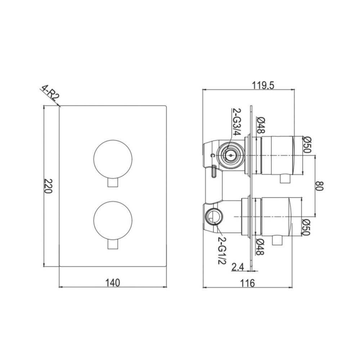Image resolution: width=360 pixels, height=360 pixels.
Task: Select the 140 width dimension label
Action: pyautogui.click(x=113, y=283)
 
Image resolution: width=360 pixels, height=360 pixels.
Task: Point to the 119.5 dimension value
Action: pyautogui.click(x=264, y=85)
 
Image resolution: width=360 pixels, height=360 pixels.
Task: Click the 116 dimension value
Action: pyautogui.click(x=247, y=283)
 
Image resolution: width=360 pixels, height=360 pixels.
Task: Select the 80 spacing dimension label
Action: pyautogui.click(x=320, y=186)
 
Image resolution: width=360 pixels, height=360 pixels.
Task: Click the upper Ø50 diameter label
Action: pyautogui.click(x=307, y=145)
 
